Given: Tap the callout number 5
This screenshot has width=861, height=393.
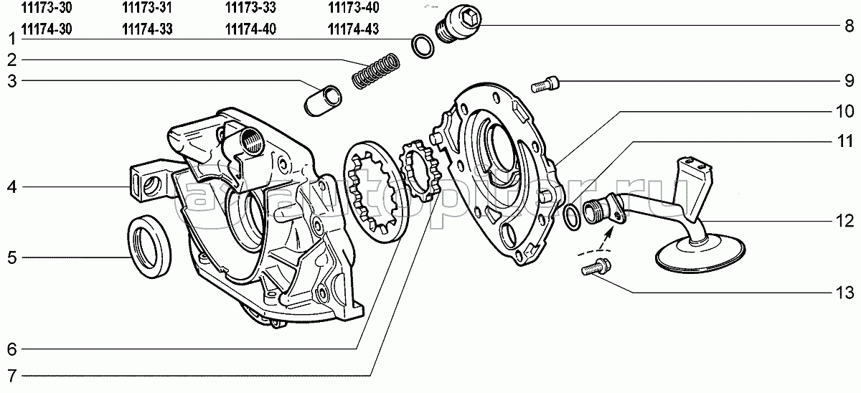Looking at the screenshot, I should (11, 257).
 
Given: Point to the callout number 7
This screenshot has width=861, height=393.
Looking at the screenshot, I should (11, 375).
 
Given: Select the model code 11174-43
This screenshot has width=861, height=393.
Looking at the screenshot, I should (354, 29).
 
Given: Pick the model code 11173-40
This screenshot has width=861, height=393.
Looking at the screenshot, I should (354, 9).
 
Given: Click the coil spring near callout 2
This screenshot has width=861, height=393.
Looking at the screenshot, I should (376, 70).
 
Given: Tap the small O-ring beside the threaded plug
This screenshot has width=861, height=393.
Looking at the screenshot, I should (423, 47).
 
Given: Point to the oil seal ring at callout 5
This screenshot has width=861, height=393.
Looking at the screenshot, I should (149, 246).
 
